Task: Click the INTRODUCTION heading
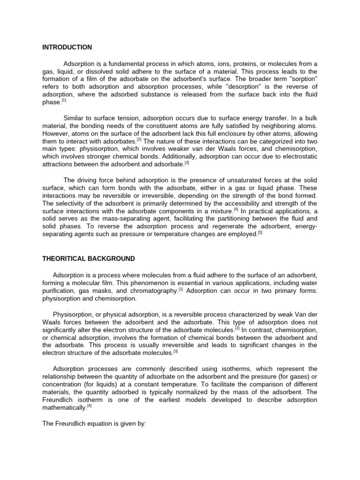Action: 67,47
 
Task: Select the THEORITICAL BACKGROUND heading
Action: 89,259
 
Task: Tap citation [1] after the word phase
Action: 64,100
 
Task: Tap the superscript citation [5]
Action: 260,232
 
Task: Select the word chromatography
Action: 153,291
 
